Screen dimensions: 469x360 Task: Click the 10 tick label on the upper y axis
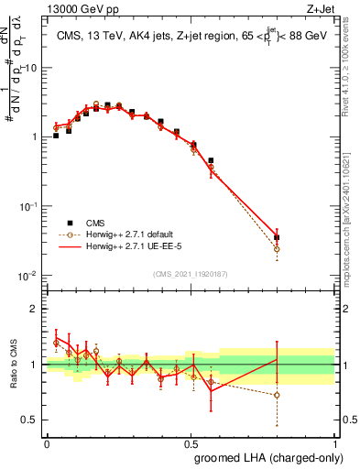pyautogui.click(x=30, y=68)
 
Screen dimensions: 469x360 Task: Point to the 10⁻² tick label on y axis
pyautogui.click(x=27, y=276)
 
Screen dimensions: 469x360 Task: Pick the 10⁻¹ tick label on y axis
pyautogui.click(x=27, y=207)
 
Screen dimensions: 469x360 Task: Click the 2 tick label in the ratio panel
pyautogui.click(x=36, y=309)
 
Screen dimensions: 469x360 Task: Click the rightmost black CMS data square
pyautogui.click(x=277, y=237)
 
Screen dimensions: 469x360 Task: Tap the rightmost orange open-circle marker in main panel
pyautogui.click(x=277, y=248)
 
